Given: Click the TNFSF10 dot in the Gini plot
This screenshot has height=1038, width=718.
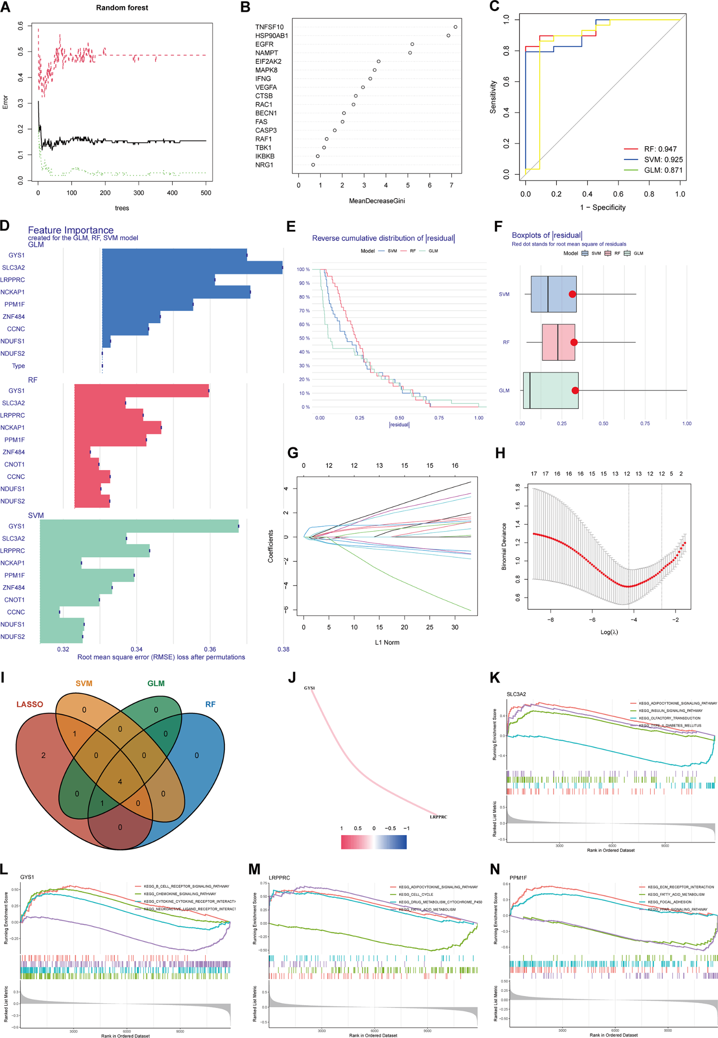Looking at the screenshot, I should [455, 27].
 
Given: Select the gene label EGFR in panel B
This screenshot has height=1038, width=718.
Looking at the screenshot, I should [264, 44].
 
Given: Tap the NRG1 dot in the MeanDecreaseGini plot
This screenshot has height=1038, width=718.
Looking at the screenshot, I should [313, 165].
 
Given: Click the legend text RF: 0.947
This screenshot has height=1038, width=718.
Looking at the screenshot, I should [660, 149].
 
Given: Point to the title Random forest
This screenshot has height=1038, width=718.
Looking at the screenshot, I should [122, 7].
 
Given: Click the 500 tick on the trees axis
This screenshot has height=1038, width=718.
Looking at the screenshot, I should [206, 193].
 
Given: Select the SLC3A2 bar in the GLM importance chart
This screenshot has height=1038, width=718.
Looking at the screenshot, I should [192, 267].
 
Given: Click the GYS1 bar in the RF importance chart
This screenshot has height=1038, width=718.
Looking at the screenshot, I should [141, 391].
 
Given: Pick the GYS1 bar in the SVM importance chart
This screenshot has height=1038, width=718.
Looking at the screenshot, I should [139, 526].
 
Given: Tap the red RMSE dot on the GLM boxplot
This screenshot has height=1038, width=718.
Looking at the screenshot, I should [575, 390].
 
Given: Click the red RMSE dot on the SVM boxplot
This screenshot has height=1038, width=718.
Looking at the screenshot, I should [572, 294].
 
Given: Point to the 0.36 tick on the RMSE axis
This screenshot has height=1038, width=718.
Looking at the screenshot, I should [209, 649].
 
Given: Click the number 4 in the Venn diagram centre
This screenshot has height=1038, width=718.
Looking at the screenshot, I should [119, 781].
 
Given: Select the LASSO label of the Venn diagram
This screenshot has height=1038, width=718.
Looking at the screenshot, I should [30, 704].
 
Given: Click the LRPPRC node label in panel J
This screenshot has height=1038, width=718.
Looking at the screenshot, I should [438, 817].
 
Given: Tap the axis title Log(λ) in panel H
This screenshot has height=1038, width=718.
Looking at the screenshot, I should [609, 632].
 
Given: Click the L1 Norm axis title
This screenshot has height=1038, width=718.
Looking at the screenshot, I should [387, 642].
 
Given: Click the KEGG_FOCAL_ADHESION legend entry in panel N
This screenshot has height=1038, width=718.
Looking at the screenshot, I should [669, 902].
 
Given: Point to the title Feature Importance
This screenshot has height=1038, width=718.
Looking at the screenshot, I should [71, 230].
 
